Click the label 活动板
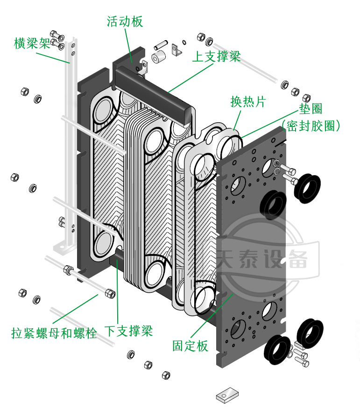(x=125, y=21)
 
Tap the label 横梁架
(x=32, y=44)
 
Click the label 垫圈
(x=311, y=109)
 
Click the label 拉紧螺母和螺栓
(x=54, y=333)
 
